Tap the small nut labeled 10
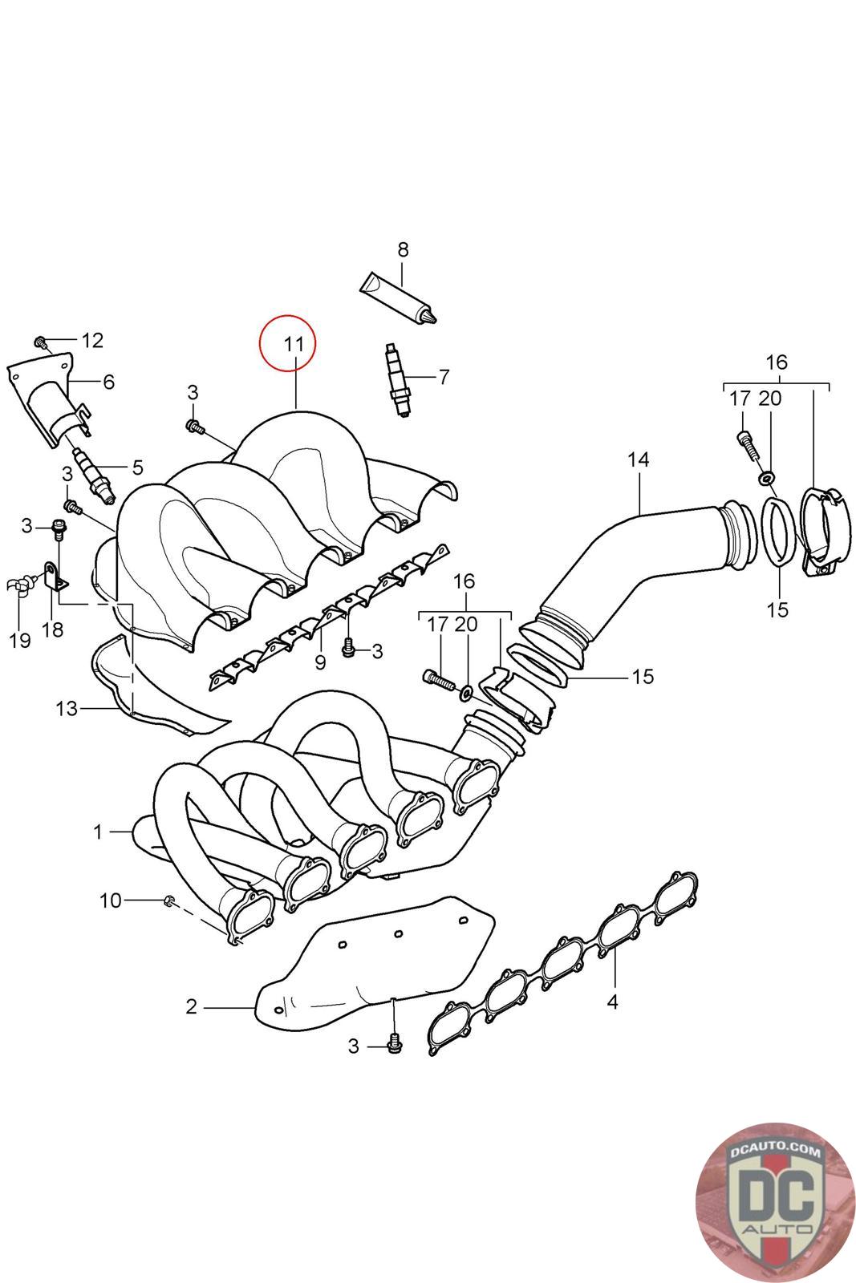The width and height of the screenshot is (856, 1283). click(169, 901)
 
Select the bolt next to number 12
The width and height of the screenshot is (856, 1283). click(42, 342)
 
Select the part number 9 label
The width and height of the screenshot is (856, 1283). click(320, 662)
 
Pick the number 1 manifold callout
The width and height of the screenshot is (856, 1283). click(98, 832)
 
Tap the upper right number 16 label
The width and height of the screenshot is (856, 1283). click(777, 362)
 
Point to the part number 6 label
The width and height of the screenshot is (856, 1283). click(108, 381)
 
